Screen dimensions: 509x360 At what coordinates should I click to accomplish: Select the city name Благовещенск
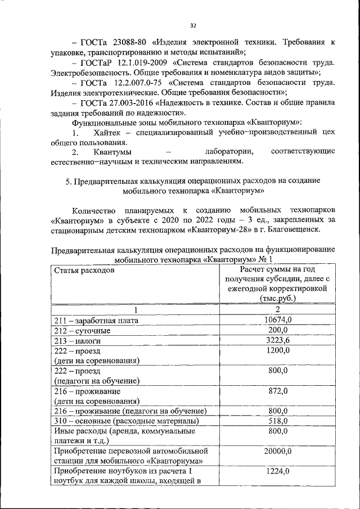tap(294, 230)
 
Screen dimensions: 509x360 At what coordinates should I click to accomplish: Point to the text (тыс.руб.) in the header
tap(277, 298)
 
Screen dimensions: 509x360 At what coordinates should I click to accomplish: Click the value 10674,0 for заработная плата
tap(277, 320)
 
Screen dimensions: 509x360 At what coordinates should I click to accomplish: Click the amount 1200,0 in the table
tap(277, 350)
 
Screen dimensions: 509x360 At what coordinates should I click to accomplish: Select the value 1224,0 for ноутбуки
tap(277, 471)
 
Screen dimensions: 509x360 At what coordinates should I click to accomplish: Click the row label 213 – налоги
tap(78, 341)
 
